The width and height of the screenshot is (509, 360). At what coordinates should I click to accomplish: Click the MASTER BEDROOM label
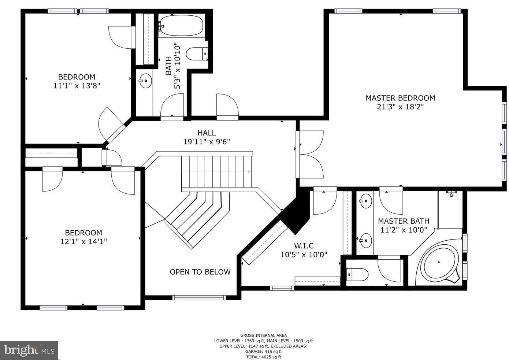pyautogui.click(x=400, y=98)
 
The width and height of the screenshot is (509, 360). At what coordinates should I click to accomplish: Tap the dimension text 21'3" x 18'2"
pyautogui.click(x=400, y=107)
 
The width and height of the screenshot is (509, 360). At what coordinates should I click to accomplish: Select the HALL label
pyautogui.click(x=207, y=133)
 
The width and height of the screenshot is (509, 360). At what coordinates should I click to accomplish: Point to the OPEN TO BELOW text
pyautogui.click(x=200, y=272)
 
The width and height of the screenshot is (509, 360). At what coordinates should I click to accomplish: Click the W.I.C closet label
pyautogui.click(x=304, y=246)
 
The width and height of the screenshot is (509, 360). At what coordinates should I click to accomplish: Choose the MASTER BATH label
pyautogui.click(x=404, y=221)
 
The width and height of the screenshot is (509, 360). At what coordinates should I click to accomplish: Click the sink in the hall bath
pyautogui.click(x=145, y=80)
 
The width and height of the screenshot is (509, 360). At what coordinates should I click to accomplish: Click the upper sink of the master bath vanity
pyautogui.click(x=365, y=200)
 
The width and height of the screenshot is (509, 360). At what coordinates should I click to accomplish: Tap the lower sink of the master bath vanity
pyautogui.click(x=365, y=240)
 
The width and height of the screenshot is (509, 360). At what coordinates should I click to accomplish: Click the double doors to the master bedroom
pyautogui.click(x=311, y=154)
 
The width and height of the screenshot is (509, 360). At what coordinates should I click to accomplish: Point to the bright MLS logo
pyautogui.click(x=29, y=350)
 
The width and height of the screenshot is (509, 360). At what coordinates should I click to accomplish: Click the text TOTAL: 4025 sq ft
pyautogui.click(x=263, y=357)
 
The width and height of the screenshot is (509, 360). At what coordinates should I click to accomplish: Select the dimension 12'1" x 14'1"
pyautogui.click(x=83, y=242)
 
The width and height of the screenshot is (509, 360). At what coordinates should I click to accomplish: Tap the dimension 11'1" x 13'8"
pyautogui.click(x=77, y=86)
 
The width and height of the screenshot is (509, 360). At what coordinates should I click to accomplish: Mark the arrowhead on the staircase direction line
pyautogui.click(x=250, y=172)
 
